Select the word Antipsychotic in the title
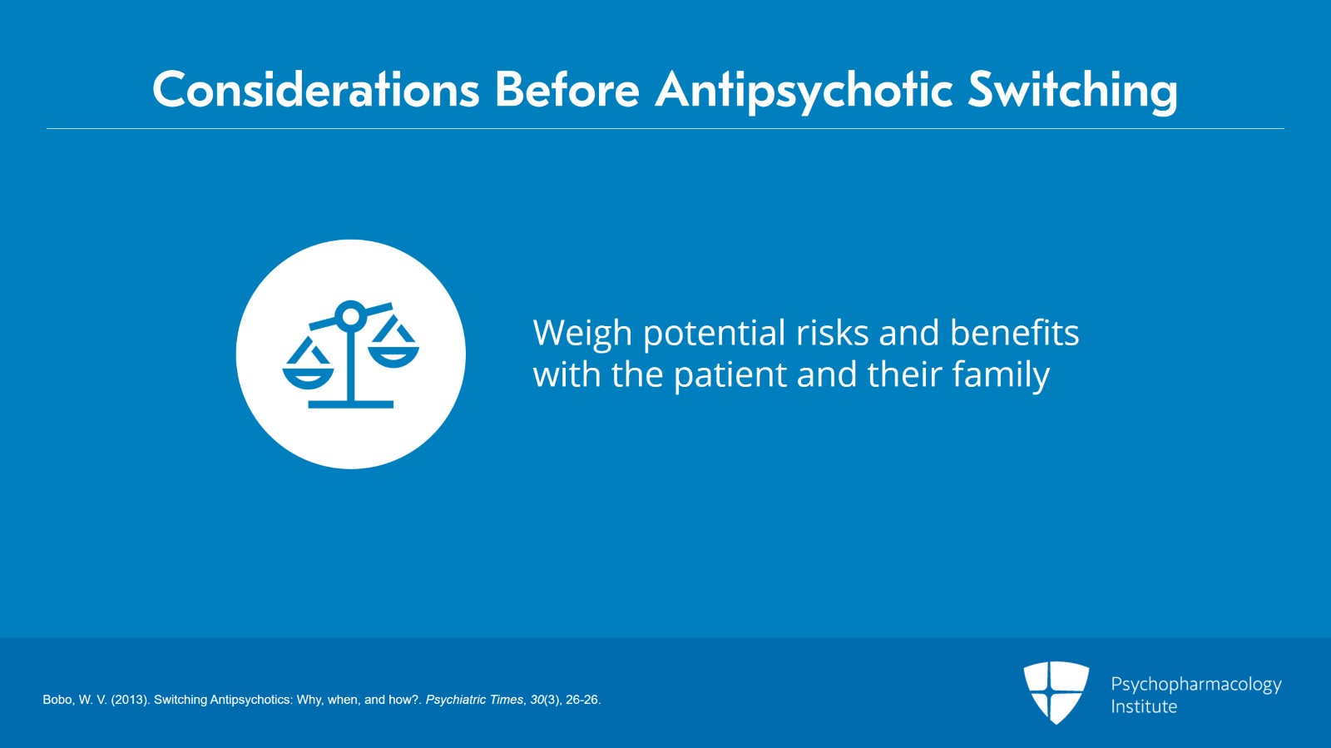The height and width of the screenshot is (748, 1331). point(804,92)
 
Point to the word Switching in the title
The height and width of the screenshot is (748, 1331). point(1072,92)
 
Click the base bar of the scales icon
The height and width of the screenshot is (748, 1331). point(350,404)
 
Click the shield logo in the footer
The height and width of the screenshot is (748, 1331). point(1056,691)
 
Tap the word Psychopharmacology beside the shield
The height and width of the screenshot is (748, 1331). point(1196,685)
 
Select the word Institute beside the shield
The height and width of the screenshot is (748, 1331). point(1144,706)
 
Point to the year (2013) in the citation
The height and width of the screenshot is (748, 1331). point(130,700)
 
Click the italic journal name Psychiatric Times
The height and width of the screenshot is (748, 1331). point(474,700)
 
